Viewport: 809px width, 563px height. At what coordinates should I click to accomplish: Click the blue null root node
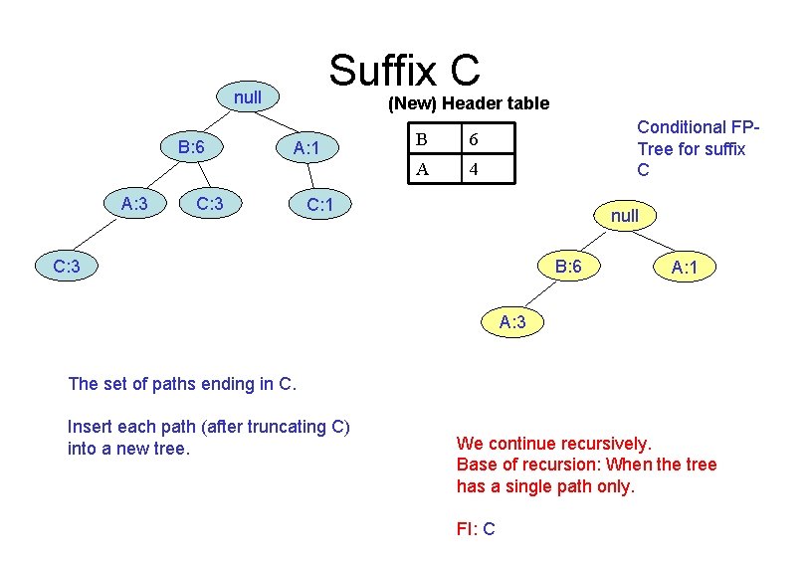pyautogui.click(x=247, y=97)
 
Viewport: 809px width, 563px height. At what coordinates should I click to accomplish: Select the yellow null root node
pyautogui.click(x=625, y=215)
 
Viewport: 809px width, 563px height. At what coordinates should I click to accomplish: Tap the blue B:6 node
pyautogui.click(x=190, y=147)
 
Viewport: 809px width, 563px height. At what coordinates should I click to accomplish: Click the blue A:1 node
pyautogui.click(x=304, y=149)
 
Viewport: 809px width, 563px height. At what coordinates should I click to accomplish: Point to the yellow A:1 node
pyautogui.click(x=684, y=267)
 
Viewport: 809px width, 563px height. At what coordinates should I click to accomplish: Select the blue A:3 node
pyautogui.click(x=133, y=204)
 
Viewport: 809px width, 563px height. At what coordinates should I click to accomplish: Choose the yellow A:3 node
pyautogui.click(x=512, y=320)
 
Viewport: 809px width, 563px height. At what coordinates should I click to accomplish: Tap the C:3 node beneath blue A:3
pyautogui.click(x=67, y=266)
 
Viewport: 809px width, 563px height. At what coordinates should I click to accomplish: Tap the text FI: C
pyautogui.click(x=476, y=529)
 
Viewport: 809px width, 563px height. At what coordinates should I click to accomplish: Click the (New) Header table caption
pyautogui.click(x=468, y=103)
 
